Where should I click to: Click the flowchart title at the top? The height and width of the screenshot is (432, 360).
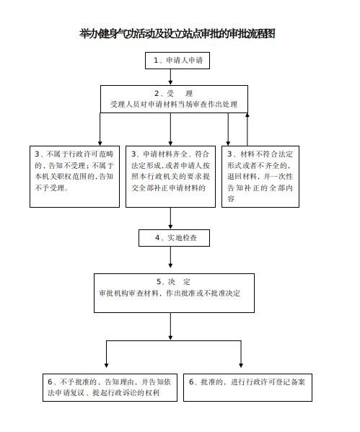tap(177, 34)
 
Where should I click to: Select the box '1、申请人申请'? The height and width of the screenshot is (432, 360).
tap(177, 61)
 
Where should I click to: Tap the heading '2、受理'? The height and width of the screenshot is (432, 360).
tap(173, 94)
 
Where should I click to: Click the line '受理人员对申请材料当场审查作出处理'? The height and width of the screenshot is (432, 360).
tap(174, 105)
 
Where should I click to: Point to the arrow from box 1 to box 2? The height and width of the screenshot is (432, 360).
tap(170, 76)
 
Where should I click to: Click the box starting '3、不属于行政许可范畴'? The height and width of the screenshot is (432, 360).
tap(74, 177)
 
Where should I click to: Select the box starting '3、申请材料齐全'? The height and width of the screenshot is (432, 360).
tap(170, 177)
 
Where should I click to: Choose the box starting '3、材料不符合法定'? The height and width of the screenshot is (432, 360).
tap(260, 177)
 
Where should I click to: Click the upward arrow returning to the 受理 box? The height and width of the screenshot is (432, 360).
tap(247, 129)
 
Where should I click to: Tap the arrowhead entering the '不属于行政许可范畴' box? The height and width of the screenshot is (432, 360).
tap(100, 144)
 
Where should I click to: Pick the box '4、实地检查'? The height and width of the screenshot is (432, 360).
tap(174, 238)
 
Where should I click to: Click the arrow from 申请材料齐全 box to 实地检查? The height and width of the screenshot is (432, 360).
tap(170, 219)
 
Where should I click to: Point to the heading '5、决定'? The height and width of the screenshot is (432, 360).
tap(173, 282)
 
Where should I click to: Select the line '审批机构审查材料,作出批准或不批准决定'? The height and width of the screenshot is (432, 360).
tap(170, 294)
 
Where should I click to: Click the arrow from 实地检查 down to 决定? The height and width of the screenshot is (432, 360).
tap(170, 257)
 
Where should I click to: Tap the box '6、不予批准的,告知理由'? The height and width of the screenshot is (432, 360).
tap(110, 387)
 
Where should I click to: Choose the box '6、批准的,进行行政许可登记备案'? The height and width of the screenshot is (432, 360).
tap(247, 387)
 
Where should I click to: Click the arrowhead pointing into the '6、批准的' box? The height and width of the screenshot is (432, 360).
tap(241, 366)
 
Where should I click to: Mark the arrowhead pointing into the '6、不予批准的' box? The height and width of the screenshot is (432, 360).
tap(106, 366)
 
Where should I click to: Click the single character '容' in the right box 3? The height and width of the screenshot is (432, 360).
tap(231, 199)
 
